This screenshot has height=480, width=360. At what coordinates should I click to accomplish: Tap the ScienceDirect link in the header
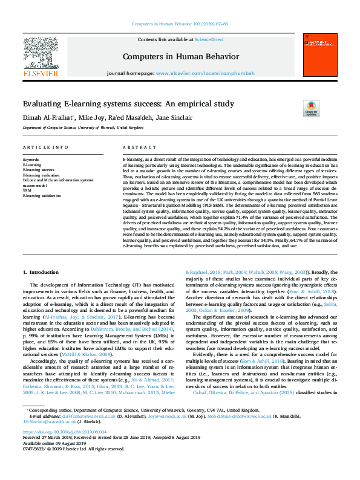[x=209, y=39]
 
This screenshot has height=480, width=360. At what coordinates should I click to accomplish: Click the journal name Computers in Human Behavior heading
[x=179, y=56]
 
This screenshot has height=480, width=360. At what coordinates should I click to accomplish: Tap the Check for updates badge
[x=311, y=108]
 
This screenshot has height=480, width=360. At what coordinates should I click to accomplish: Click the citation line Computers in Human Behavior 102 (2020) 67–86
[x=180, y=24]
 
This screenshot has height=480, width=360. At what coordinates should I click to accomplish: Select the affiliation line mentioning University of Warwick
[x=83, y=128]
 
